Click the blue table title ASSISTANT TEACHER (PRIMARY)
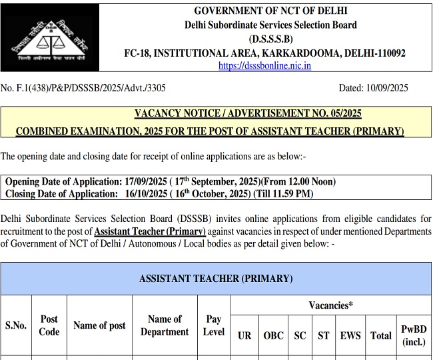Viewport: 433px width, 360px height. tap(216, 279)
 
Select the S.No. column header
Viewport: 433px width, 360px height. tap(16, 325)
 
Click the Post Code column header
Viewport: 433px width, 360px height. tap(49, 325)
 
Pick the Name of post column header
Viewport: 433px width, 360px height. tap(99, 325)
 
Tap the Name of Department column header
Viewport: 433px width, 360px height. tap(165, 325)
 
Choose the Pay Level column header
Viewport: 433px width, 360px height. tap(214, 325)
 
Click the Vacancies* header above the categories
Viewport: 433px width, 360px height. tap(330, 305)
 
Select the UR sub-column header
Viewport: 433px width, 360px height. tap(244, 335)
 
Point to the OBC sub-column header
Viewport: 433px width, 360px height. tap(273, 335)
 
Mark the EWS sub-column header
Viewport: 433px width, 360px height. tap(350, 335)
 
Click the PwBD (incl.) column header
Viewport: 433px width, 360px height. tap(414, 335)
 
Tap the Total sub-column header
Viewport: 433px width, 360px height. tap(381, 335)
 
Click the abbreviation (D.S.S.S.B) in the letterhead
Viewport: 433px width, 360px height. tap(270, 39)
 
